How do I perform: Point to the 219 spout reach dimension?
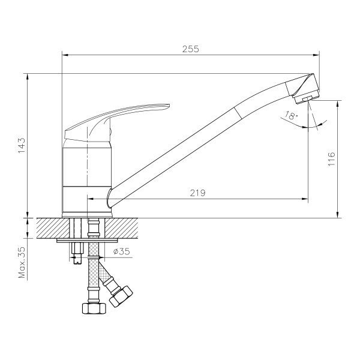198,193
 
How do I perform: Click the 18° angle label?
292,116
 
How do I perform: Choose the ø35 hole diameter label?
122,252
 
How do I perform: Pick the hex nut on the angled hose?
122,296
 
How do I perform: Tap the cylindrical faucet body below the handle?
88,174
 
